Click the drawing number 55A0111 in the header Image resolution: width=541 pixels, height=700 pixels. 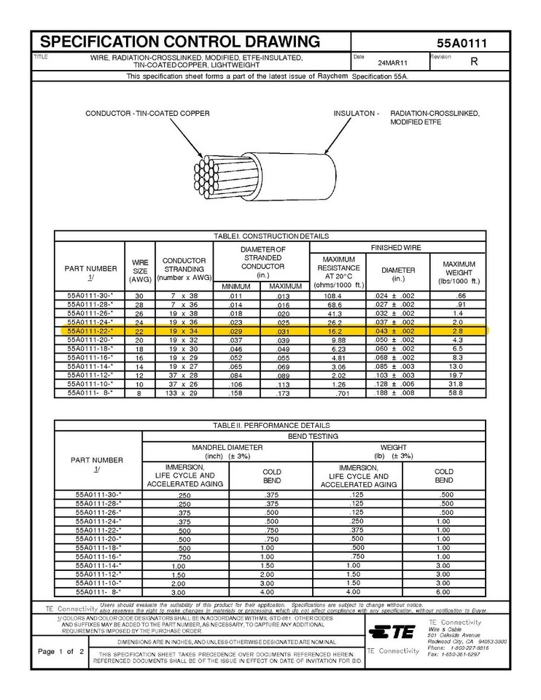[462, 43]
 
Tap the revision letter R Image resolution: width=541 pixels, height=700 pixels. [474, 62]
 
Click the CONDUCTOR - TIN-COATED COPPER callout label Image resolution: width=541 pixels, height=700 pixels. [147, 114]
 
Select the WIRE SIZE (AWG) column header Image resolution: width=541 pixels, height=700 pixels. [139, 271]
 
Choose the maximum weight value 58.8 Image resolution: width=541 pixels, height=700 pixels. [457, 393]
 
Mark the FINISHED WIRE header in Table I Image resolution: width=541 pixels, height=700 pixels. [397, 248]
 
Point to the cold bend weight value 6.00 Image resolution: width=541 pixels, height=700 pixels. [443, 591]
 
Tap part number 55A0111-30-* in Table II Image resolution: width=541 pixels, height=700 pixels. [98, 495]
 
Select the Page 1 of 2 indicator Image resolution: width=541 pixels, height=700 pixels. [61, 651]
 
